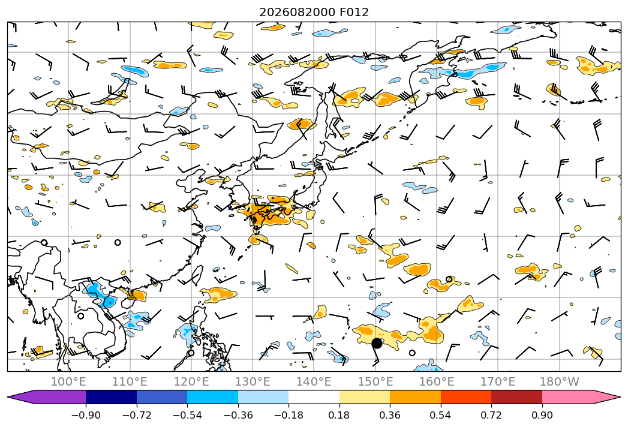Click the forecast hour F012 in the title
(354, 12)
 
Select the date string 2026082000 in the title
(297, 12)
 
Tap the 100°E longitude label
(68, 382)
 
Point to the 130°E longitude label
(253, 382)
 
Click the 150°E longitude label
(375, 382)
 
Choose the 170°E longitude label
(498, 382)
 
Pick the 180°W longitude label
(559, 382)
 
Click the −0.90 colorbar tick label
(86, 415)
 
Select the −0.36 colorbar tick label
(238, 415)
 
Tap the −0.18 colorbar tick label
(289, 415)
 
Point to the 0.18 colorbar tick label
(339, 415)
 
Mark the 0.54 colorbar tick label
(441, 415)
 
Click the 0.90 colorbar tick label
(542, 415)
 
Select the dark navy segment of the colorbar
(111, 397)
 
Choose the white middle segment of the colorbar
(314, 397)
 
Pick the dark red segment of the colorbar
(516, 397)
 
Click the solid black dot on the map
(377, 343)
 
